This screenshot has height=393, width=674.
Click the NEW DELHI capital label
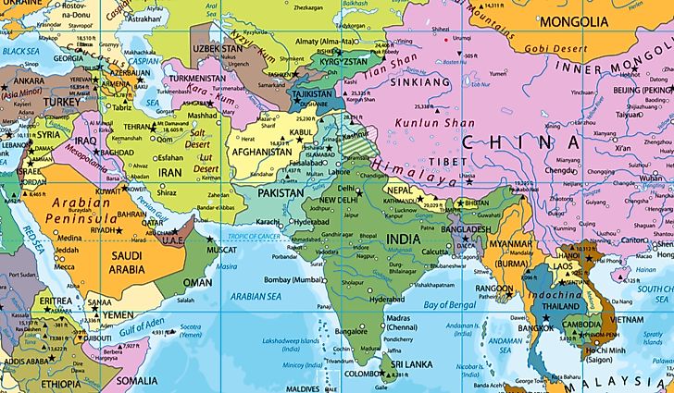[338, 201]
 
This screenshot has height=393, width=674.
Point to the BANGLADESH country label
[466, 228]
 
